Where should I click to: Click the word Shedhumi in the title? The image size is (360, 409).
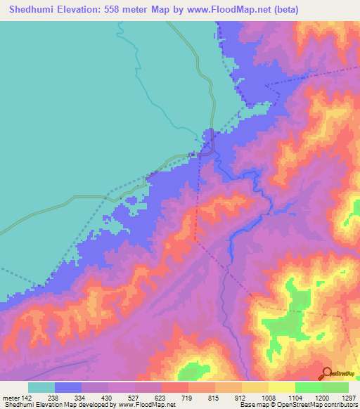point(32,10)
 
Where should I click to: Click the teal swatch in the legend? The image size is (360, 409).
point(41,387)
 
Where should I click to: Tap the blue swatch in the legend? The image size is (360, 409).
point(68,387)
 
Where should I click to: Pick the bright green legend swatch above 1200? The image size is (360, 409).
point(308,387)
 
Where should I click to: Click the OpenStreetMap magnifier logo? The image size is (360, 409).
point(326,374)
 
